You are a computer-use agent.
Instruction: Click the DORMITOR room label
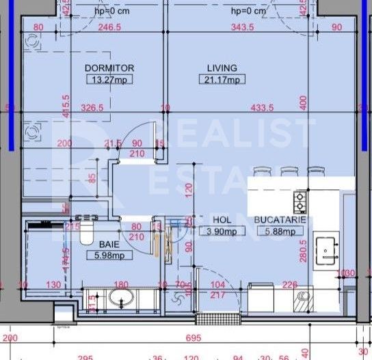pos(109,68)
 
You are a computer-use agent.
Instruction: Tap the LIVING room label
pos(222,68)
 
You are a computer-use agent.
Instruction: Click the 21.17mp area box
pos(223,80)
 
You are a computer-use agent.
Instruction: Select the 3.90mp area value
pos(222,232)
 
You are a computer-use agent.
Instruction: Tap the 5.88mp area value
pos(278,232)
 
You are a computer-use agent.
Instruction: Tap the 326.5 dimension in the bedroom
pos(92,108)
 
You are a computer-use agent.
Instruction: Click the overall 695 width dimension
pos(194,338)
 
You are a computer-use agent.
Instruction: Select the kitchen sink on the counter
pos(325,249)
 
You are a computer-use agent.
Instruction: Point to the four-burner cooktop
pos(300,201)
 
